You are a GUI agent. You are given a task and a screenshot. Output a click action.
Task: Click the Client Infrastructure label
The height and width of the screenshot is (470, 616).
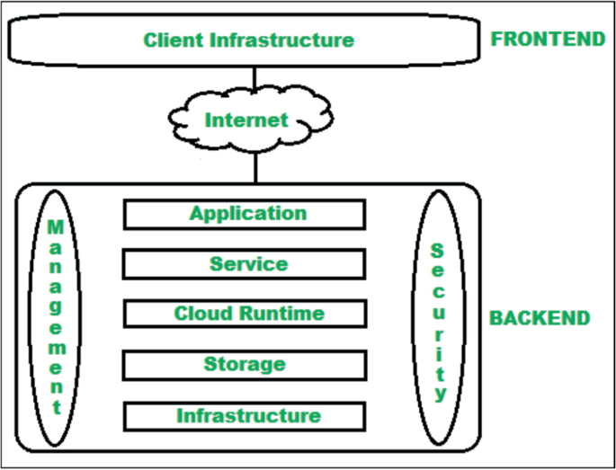click(x=248, y=40)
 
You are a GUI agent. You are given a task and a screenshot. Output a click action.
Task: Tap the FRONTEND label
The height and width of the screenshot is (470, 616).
click(x=547, y=39)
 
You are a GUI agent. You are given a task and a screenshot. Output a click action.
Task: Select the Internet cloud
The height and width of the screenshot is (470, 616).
click(x=246, y=120)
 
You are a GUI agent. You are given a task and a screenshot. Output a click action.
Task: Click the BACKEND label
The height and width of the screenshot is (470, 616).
click(x=540, y=318)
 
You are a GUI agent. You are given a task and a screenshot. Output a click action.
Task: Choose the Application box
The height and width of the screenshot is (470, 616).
click(x=244, y=214)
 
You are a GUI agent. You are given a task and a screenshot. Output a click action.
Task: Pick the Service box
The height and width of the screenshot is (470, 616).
click(x=244, y=264)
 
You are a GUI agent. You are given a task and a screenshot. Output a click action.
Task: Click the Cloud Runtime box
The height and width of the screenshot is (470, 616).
click(x=244, y=314)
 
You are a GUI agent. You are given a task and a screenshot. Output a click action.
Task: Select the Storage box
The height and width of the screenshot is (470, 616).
click(x=244, y=364)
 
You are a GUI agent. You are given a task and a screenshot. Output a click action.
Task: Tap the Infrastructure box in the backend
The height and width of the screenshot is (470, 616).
click(x=244, y=415)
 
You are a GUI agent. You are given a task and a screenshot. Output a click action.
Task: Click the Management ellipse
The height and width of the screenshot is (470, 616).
click(x=56, y=316)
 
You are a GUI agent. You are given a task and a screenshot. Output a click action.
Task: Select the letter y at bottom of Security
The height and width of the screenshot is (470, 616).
click(x=439, y=393)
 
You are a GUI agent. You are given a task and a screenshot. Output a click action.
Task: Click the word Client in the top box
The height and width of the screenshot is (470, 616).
click(x=173, y=40)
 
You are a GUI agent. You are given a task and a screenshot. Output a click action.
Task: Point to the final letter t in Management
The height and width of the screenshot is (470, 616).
click(x=56, y=407)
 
